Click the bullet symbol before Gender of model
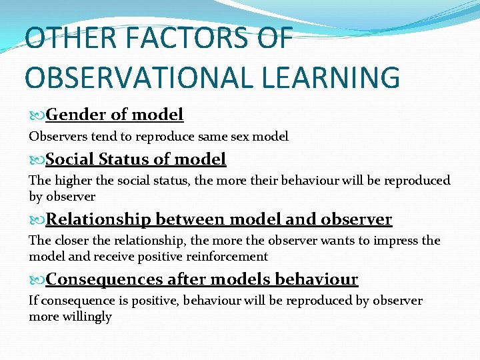point(37,115)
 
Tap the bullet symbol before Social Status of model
point(37,160)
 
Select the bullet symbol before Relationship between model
point(37,220)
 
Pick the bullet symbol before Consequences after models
point(37,279)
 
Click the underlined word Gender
point(77,115)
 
